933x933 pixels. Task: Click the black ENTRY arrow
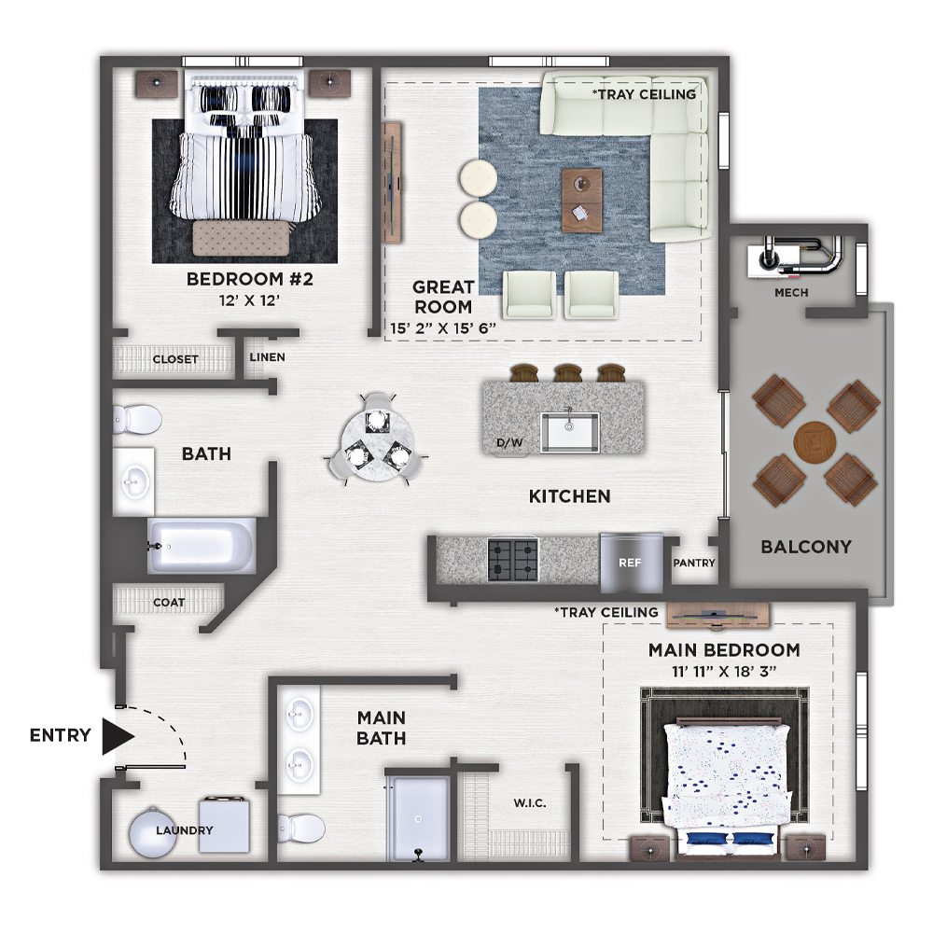[x=118, y=737]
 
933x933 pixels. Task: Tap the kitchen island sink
[x=569, y=432]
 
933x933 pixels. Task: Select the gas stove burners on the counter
[x=513, y=559]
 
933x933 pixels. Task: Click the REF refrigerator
[x=631, y=563]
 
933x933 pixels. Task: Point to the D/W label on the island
[x=509, y=442]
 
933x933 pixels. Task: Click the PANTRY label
[x=694, y=563]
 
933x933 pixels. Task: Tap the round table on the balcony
[x=815, y=442]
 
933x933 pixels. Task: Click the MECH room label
[x=791, y=293]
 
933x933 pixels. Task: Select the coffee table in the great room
[x=581, y=201]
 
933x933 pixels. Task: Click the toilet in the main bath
[x=301, y=829]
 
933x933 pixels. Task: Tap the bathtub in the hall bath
[x=202, y=546]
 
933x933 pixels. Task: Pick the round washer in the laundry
[x=153, y=832]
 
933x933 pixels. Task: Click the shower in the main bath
[x=418, y=817]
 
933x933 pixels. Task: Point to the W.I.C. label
[x=530, y=803]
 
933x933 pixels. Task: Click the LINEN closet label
[x=267, y=357]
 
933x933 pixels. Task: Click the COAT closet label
[x=169, y=602]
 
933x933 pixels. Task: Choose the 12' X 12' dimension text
[x=249, y=300]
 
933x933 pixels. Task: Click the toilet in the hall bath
[x=137, y=419]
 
